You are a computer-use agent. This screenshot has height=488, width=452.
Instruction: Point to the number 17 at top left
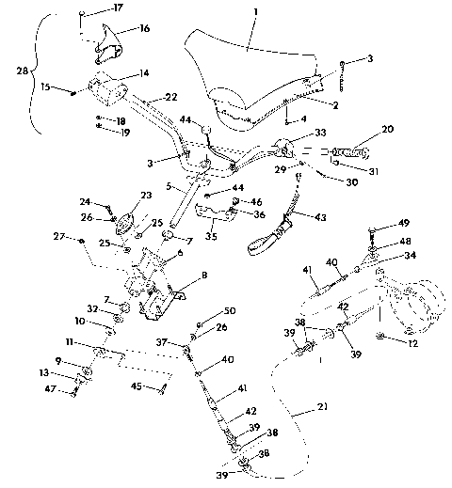(x=117, y=8)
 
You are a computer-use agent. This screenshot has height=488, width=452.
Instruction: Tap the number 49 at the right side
(x=404, y=224)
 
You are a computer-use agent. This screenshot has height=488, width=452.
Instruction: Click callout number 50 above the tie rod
(x=230, y=311)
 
